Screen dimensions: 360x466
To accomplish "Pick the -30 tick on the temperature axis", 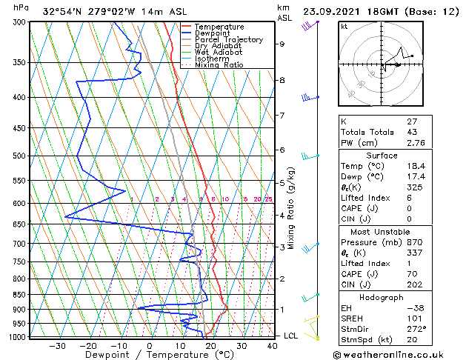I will (57, 345).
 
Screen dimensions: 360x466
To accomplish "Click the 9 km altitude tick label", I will (282, 44).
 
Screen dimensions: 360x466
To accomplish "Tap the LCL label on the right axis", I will (291, 336).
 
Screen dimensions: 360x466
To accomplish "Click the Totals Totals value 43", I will (413, 131).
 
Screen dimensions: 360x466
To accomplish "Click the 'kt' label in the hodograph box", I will (344, 27).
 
